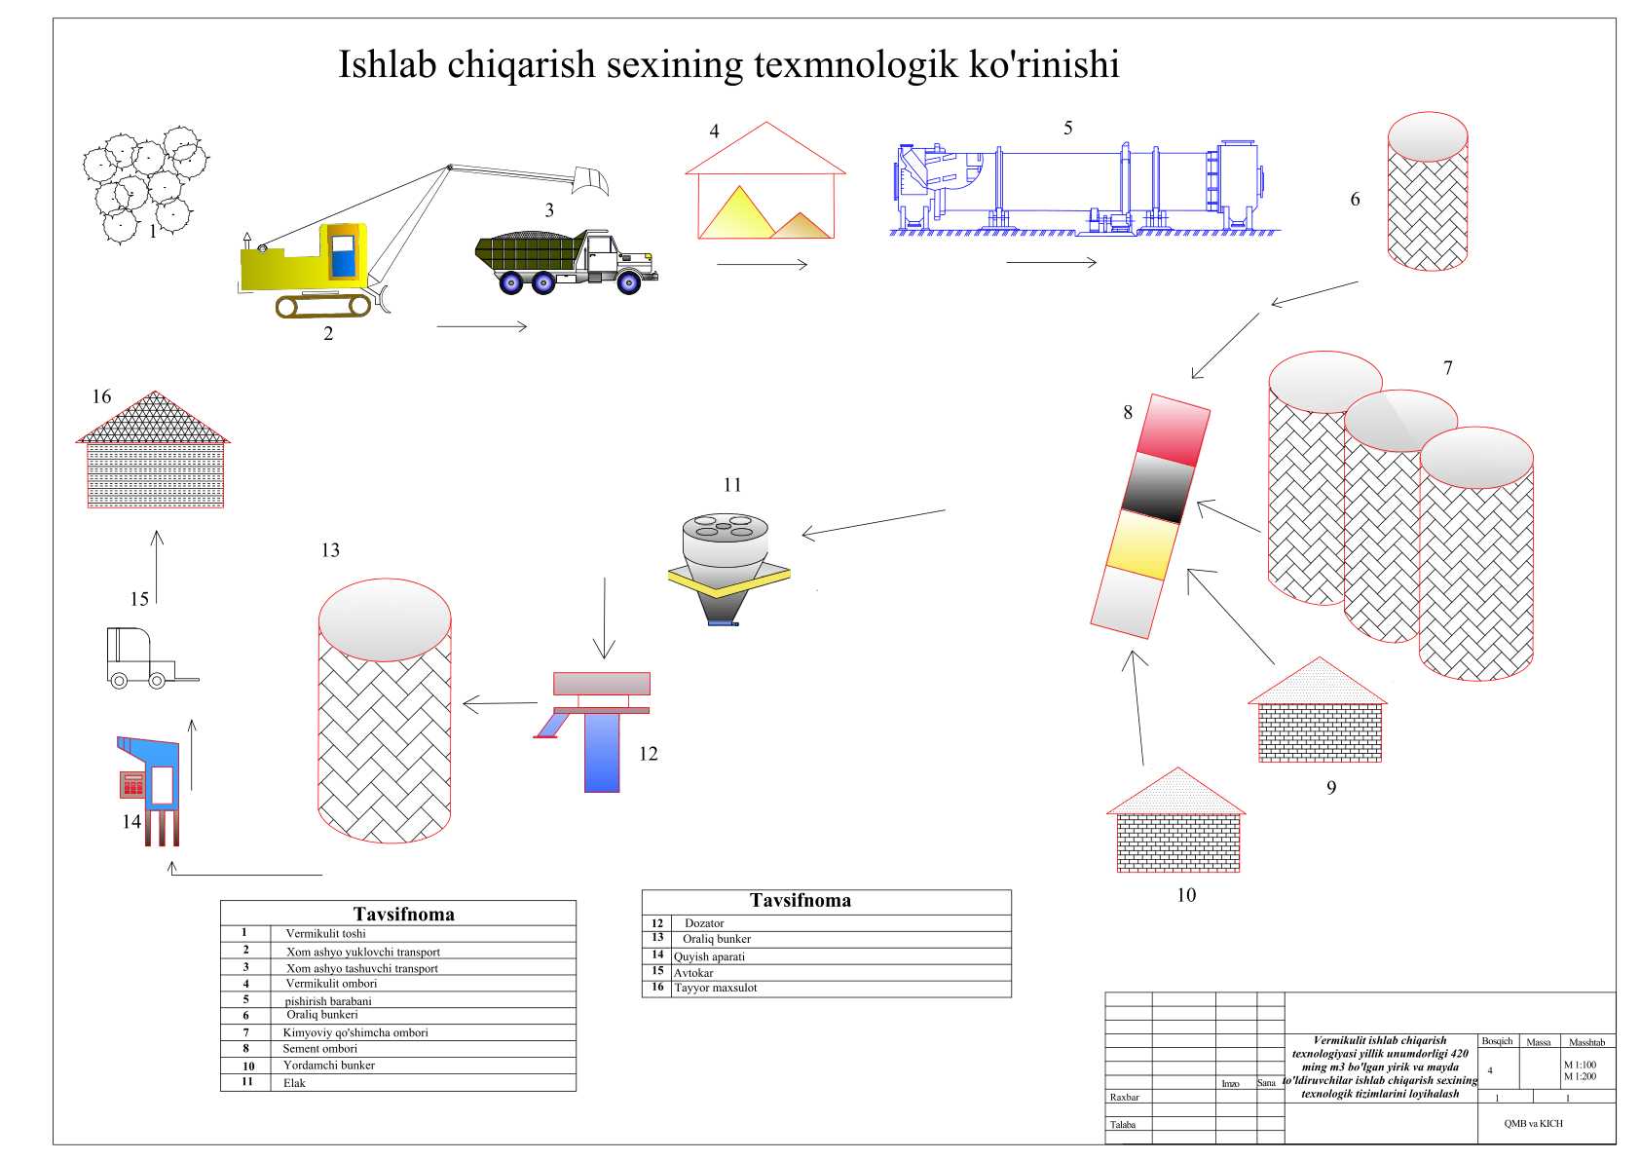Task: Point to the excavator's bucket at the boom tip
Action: coord(591,179)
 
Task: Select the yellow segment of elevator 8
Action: coord(1145,544)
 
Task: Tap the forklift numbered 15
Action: coord(141,657)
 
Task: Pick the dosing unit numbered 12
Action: coord(594,726)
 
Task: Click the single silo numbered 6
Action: coord(1427,195)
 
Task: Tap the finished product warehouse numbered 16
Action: coord(154,453)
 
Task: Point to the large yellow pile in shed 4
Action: coord(737,214)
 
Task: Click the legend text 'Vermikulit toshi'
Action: coord(325,933)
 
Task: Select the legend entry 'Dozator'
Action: coord(704,923)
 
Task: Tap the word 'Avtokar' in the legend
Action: coord(693,973)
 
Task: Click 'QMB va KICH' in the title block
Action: coord(1533,1123)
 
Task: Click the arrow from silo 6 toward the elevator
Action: coord(1315,293)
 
